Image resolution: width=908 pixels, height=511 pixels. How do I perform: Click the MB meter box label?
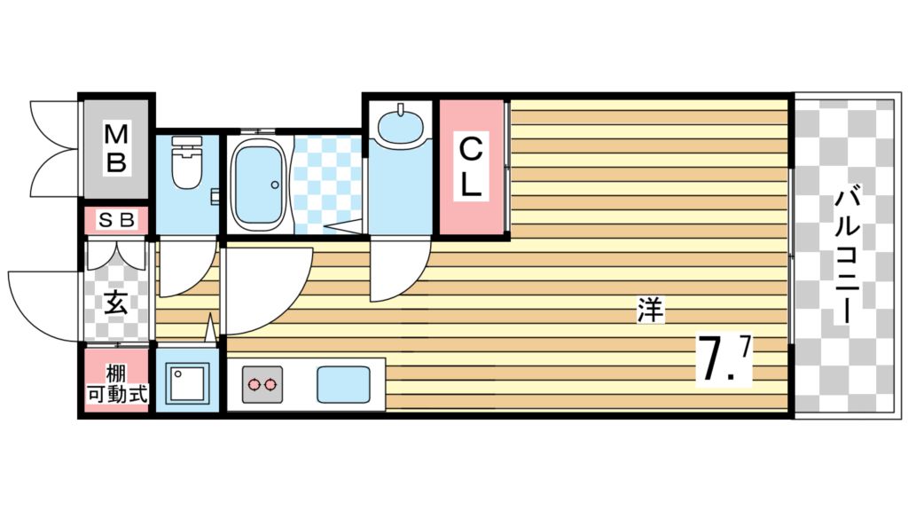116,148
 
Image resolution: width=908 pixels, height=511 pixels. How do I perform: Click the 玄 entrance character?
116,303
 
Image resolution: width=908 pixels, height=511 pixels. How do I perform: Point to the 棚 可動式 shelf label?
116,384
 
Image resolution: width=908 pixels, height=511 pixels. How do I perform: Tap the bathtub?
258,184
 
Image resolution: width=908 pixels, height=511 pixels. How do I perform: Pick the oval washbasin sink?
400,123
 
